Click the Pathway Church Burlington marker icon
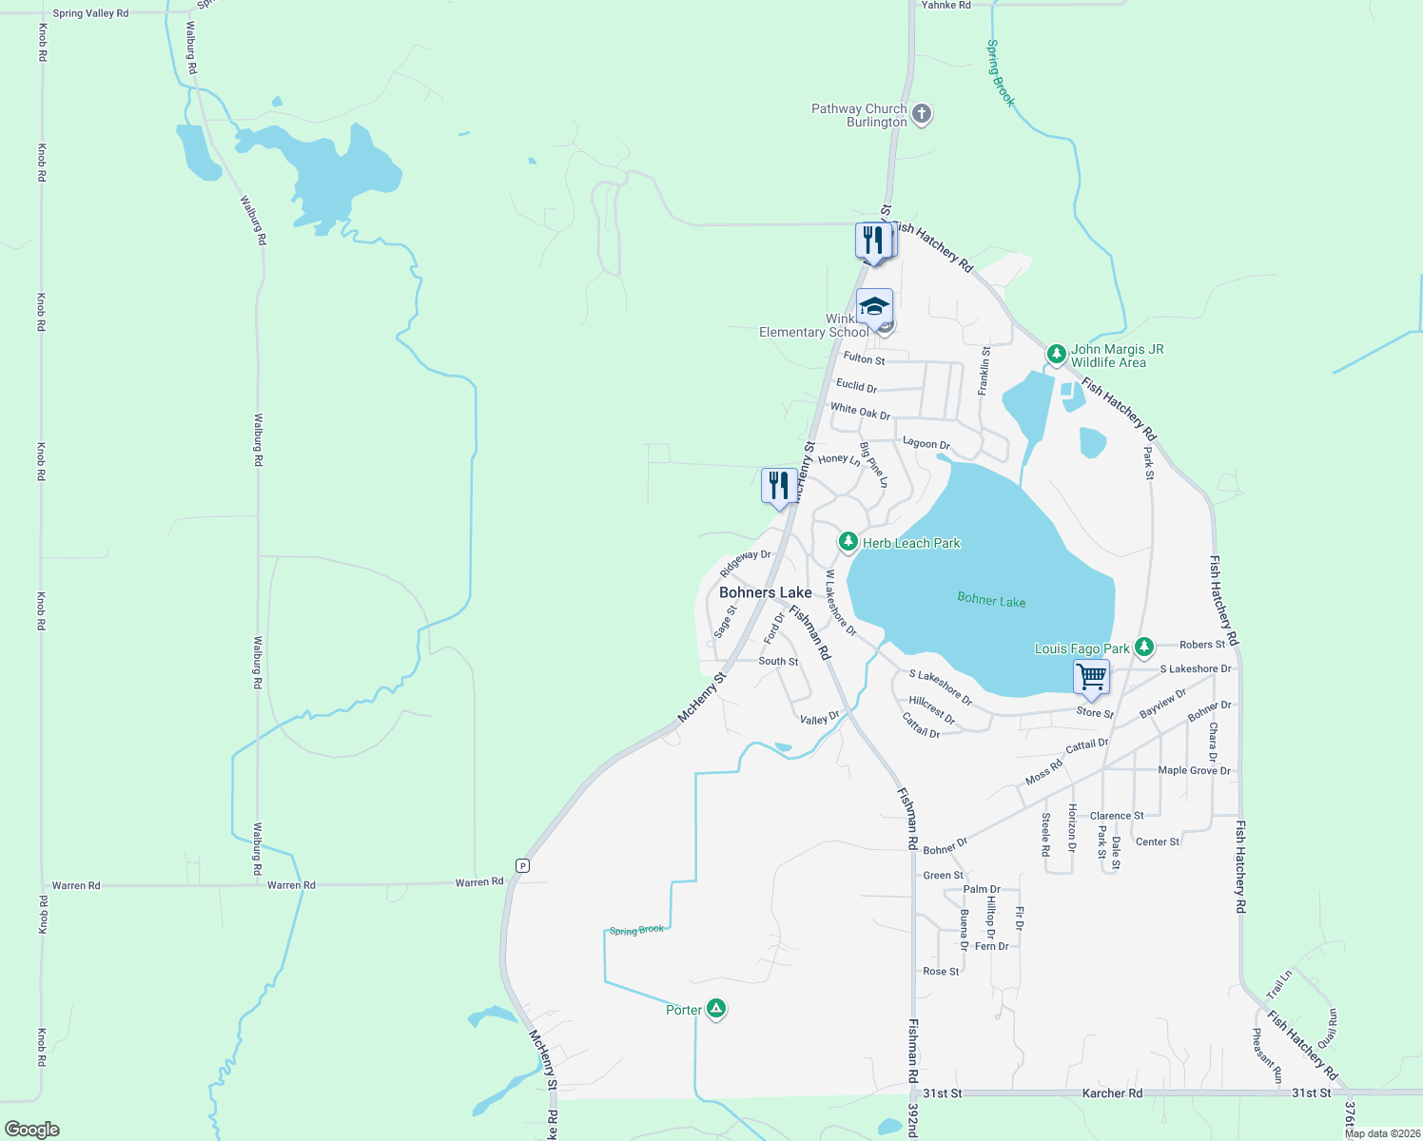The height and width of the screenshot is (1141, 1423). coord(921,115)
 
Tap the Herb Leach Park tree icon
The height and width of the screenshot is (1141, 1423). coord(848,542)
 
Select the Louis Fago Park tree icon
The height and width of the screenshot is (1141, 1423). coord(1143,648)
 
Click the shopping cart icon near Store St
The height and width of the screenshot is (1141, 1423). coord(1091,678)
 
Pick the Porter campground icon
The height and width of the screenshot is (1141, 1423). coord(716,1009)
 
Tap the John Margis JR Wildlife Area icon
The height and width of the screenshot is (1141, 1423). coord(1056,355)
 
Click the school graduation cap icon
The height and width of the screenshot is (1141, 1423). coord(874,307)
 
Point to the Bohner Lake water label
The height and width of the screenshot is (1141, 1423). coord(991,599)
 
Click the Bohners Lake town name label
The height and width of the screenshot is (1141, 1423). coord(765,592)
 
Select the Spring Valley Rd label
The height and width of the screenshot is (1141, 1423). coord(90,13)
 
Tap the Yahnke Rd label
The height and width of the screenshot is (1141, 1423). coord(945,6)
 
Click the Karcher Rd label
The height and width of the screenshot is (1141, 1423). coord(1112,1093)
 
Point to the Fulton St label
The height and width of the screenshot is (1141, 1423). coord(864,358)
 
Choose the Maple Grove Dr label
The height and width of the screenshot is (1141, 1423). coord(1194,770)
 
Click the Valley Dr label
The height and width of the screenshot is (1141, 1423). coord(820,719)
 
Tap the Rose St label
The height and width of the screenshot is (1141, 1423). coord(941,971)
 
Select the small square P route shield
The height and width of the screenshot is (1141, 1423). coord(522,865)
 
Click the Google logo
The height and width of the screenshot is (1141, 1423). coord(32,1129)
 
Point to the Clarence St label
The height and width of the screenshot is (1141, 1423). coord(1117,816)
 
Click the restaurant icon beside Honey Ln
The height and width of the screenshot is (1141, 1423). coord(779,486)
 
